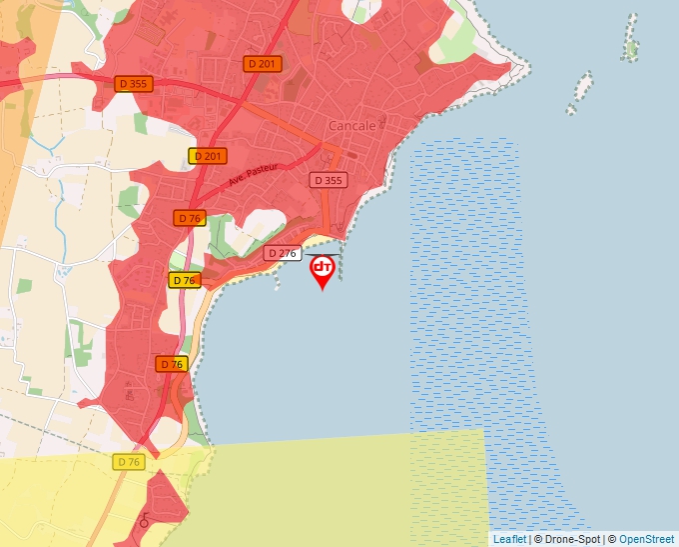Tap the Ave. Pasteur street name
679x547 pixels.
pyautogui.click(x=250, y=176)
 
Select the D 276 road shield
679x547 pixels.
pyautogui.click(x=283, y=254)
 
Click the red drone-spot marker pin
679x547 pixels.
pyautogui.click(x=323, y=271)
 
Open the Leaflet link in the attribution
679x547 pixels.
pyautogui.click(x=509, y=539)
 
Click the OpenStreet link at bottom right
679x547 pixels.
pyautogui.click(x=646, y=539)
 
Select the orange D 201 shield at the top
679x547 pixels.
pyautogui.click(x=263, y=64)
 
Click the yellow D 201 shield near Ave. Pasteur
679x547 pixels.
pyautogui.click(x=208, y=156)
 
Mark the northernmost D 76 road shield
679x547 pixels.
pyautogui.click(x=189, y=218)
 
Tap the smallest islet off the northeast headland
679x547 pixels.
pyautogui.click(x=571, y=108)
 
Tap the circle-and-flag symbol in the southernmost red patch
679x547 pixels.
pyautogui.click(x=144, y=522)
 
